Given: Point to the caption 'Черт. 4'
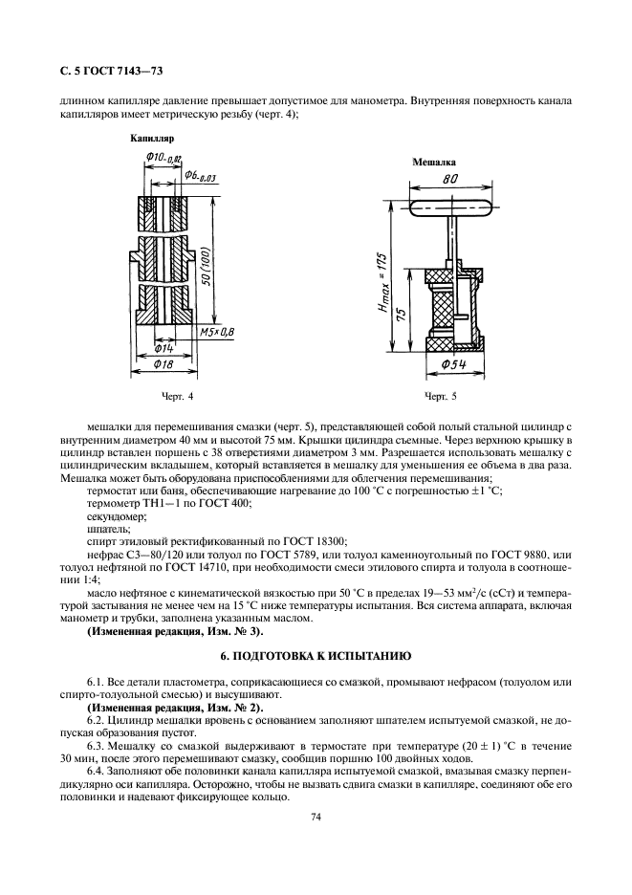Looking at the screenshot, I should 177,395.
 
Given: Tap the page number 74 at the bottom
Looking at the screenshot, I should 316,817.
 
